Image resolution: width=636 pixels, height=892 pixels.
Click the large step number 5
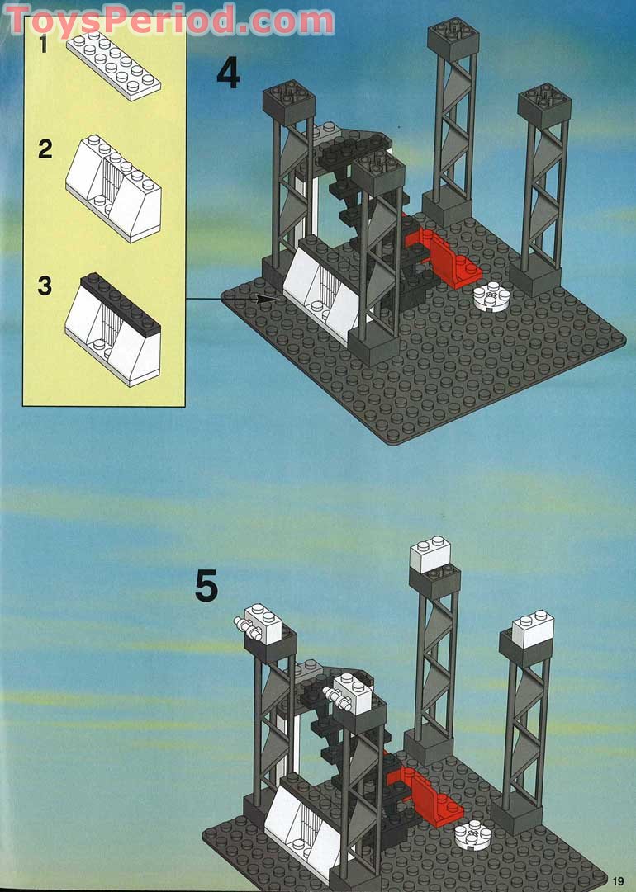click(x=206, y=586)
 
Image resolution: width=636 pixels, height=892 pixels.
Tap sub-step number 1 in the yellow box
click(x=43, y=44)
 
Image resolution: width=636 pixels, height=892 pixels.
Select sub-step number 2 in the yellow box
click(x=45, y=149)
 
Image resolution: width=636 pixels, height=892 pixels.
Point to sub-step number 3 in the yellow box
click(x=45, y=286)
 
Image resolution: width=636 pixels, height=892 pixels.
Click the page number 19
click(x=619, y=881)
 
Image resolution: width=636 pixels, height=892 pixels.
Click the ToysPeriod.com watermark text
click(x=169, y=20)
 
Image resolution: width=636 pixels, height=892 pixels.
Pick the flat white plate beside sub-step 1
click(x=113, y=66)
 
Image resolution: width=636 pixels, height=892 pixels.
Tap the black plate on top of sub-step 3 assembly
click(x=121, y=302)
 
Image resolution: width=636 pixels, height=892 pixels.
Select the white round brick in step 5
click(x=472, y=835)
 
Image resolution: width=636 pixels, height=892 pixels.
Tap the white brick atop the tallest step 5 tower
click(x=430, y=554)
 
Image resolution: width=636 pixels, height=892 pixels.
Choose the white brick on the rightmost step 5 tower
click(x=533, y=629)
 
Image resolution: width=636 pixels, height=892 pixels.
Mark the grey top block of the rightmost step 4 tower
click(x=544, y=106)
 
